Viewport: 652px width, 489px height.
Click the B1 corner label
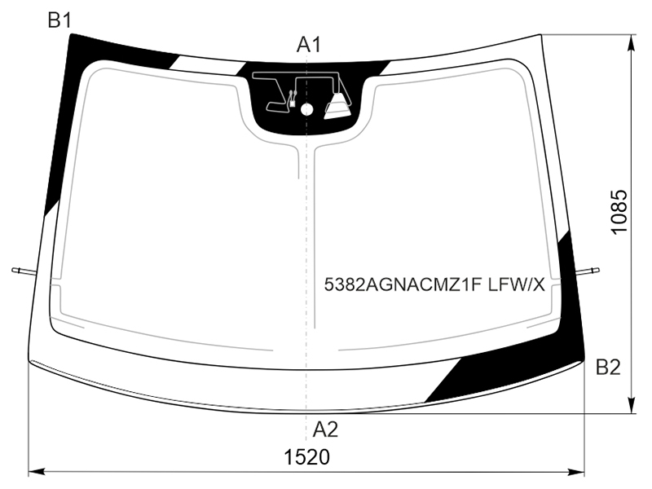click(x=59, y=20)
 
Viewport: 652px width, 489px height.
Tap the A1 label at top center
click(x=309, y=45)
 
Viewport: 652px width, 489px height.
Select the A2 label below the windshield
click(x=325, y=430)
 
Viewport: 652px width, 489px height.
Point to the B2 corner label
click(x=608, y=368)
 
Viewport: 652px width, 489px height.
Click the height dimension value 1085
click(x=619, y=212)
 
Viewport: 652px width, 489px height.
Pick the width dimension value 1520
click(x=307, y=457)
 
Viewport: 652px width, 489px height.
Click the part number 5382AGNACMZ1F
click(x=403, y=285)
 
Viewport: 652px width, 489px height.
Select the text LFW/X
click(x=516, y=285)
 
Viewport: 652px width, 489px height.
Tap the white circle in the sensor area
click(x=306, y=109)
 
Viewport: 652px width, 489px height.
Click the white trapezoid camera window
click(x=337, y=107)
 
